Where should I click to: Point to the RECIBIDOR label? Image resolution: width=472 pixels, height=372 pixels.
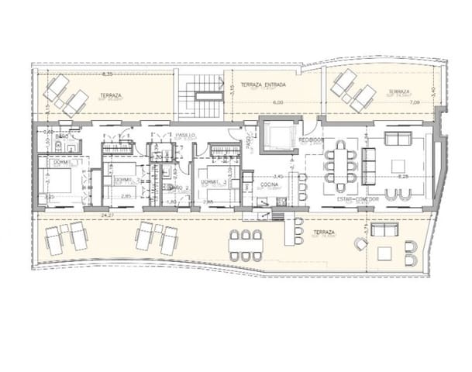point(311,138)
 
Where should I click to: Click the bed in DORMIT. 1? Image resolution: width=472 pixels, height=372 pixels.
point(57,180)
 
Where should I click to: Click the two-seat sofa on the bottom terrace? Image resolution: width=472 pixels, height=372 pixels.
point(383,232)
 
